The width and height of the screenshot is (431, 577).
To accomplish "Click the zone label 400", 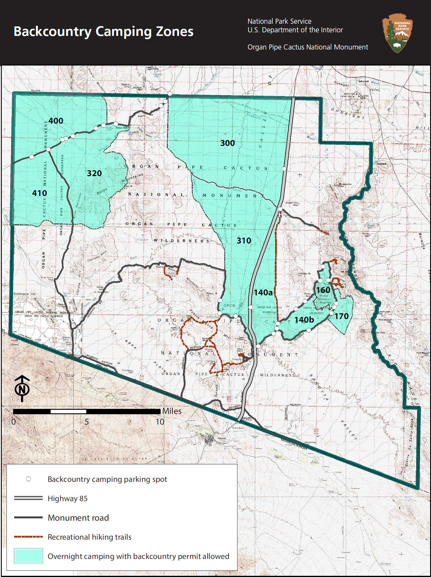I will point(56,121).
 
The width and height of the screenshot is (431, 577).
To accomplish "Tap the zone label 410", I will point(39,193).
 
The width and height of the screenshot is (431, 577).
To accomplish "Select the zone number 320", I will point(94,173).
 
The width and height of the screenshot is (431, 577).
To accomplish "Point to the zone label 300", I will point(227,143).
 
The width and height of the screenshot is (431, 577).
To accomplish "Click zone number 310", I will point(244,241).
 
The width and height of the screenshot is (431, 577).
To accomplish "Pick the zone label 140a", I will point(263,293).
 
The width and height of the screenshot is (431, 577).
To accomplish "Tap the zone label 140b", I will point(304,320).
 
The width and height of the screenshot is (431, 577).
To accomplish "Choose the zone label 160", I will point(323,290).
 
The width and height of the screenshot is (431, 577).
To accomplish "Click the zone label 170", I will point(342,316).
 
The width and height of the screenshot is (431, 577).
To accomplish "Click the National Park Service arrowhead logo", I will point(397,33).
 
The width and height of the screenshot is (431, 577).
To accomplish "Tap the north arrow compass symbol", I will point(22,388).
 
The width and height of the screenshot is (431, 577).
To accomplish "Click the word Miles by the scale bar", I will point(172,411).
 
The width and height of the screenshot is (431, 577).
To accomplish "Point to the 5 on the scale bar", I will point(86,422).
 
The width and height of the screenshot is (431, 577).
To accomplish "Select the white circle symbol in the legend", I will point(28,479).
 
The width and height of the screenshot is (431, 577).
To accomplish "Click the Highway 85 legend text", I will point(67,499).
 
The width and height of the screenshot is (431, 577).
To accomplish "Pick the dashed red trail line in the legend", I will point(28,537).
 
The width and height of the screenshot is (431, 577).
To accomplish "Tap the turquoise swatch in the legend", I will point(28,556).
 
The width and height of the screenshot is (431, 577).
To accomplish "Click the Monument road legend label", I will point(78,518).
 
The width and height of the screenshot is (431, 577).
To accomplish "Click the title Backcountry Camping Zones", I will point(103,31).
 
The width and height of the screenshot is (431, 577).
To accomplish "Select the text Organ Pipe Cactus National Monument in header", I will point(308,47).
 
